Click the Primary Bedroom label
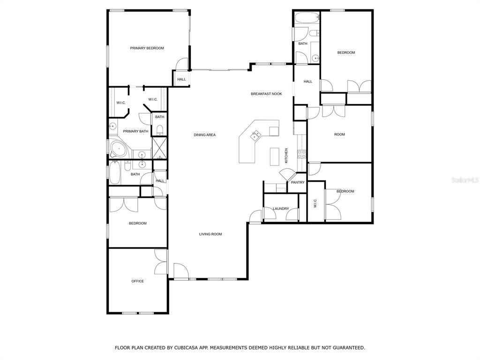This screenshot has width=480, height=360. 147,48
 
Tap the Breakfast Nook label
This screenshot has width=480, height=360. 266,94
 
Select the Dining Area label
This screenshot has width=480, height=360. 204,135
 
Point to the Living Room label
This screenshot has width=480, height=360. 210,234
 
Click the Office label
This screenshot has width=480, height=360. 137,281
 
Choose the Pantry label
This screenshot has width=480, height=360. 298,182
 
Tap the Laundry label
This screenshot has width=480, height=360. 281,209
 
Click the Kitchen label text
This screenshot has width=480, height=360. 286,156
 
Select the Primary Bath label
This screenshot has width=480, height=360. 135,131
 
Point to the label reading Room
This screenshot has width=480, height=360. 339,135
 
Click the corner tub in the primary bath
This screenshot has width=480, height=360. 119,149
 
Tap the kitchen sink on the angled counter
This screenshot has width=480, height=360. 255,135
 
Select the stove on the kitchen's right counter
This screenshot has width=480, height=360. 302,154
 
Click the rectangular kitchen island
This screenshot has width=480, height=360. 275,157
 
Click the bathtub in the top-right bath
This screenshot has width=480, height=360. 307,17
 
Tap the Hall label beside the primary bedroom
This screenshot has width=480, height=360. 181,79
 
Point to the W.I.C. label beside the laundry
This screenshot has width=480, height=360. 315,203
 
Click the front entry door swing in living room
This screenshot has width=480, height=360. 181,270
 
